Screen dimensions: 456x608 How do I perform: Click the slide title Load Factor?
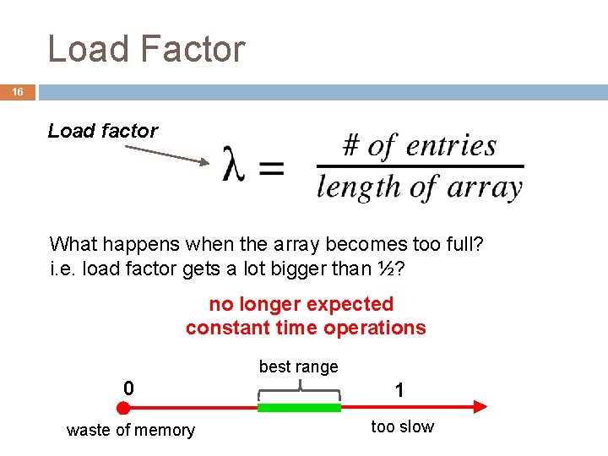pyautogui.click(x=146, y=49)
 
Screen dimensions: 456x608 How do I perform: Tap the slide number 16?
pyautogui.click(x=18, y=91)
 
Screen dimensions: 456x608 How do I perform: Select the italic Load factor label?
pyautogui.click(x=103, y=131)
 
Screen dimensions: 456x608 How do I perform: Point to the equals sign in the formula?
pyautogui.click(x=272, y=167)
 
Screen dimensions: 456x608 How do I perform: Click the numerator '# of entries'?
pyautogui.click(x=419, y=146)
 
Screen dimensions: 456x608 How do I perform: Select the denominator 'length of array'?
pyautogui.click(x=419, y=187)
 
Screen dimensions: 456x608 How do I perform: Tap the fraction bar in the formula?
pyautogui.click(x=419, y=166)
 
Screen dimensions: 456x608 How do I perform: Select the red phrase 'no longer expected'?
pyautogui.click(x=301, y=304)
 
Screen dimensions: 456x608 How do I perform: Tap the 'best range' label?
pyautogui.click(x=298, y=366)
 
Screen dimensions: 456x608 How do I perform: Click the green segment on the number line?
pyautogui.click(x=298, y=407)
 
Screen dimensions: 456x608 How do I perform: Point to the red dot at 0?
pyautogui.click(x=123, y=408)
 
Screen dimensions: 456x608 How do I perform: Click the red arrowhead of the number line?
pyautogui.click(x=479, y=407)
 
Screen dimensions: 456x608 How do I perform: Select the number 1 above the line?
pyautogui.click(x=399, y=390)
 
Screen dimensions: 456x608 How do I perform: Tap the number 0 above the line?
pyautogui.click(x=128, y=388)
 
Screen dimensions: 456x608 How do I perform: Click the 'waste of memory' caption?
pyautogui.click(x=130, y=430)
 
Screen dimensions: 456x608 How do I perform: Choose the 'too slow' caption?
pyautogui.click(x=402, y=426)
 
